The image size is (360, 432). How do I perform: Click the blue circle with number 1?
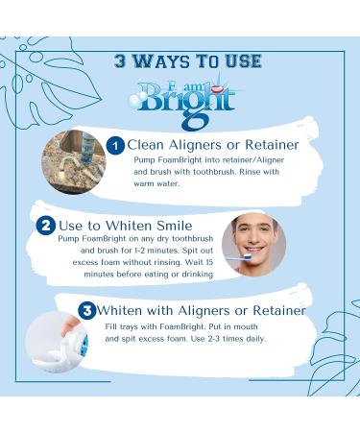[x=115, y=146]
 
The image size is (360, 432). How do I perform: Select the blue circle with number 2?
[x=45, y=227]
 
